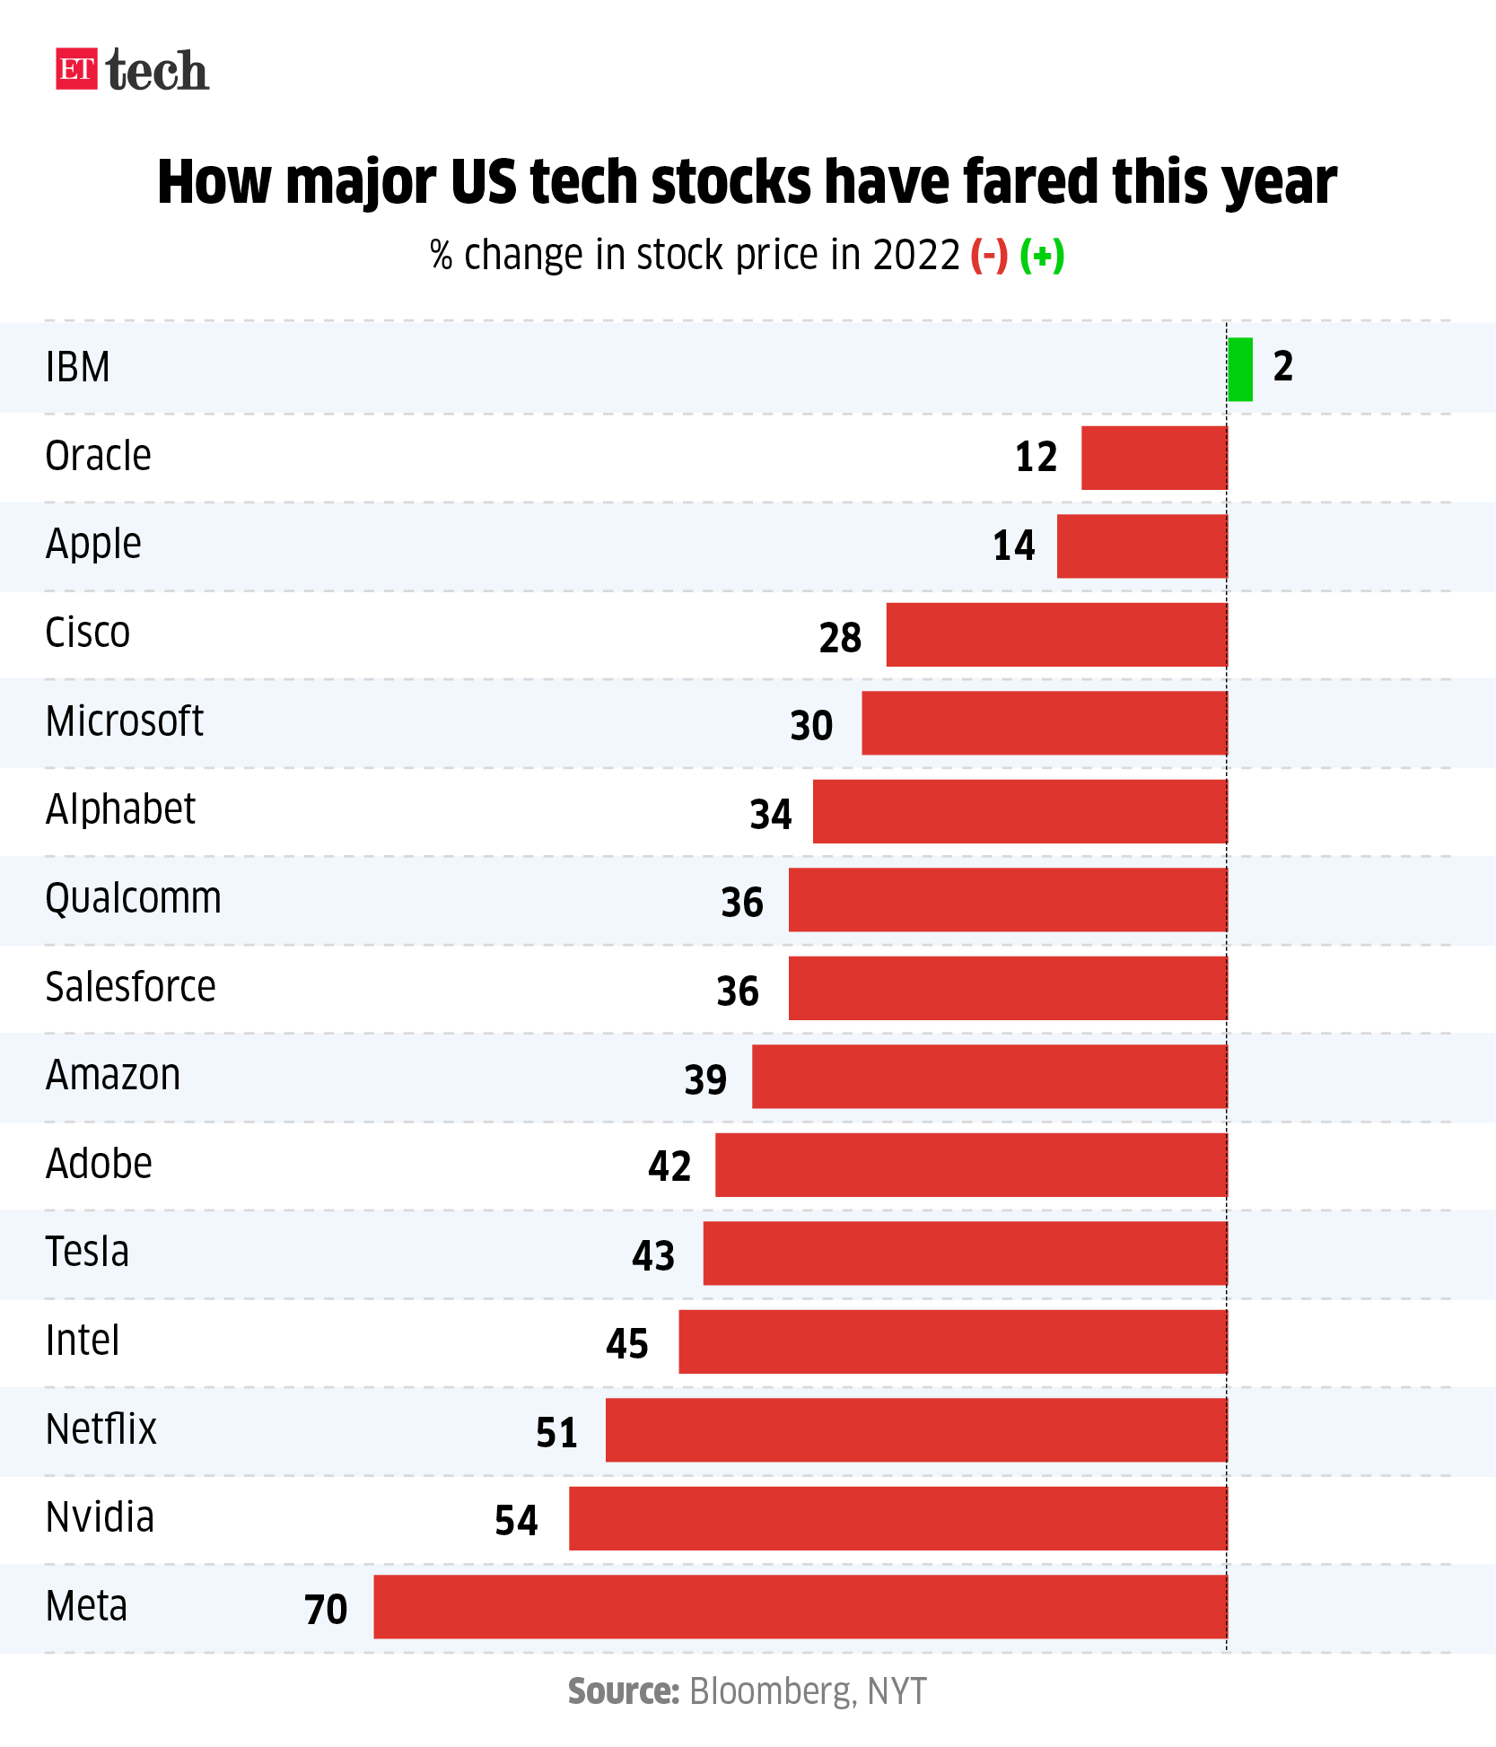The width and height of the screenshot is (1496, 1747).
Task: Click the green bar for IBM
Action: [1240, 369]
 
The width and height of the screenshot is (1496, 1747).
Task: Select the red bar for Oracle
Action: [1154, 458]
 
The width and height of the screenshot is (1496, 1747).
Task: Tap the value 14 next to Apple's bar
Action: [1013, 546]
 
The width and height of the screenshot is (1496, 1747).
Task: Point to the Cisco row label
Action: [88, 633]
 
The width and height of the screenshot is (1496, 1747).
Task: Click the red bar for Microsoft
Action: [1044, 722]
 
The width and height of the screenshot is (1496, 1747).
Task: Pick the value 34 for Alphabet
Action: [771, 814]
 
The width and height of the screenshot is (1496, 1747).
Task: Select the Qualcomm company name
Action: [133, 898]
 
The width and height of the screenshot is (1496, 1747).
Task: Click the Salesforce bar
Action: [1007, 988]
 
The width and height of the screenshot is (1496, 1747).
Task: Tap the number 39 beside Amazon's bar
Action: [705, 1079]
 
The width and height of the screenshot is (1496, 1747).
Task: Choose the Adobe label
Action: [99, 1164]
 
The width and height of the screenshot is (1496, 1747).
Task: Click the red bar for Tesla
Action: [965, 1253]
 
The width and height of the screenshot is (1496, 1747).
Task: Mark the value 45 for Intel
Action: [626, 1343]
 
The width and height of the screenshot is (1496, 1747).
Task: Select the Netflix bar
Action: [915, 1429]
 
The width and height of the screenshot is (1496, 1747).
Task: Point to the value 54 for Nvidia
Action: [516, 1520]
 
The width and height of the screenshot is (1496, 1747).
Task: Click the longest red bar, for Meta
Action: [800, 1606]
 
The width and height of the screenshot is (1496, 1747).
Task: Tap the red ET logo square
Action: [76, 69]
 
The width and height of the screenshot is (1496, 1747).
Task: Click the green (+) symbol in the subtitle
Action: [1042, 256]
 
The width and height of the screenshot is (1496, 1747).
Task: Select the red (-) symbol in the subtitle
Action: [989, 256]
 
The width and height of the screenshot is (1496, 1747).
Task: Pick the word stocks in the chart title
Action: [733, 182]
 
